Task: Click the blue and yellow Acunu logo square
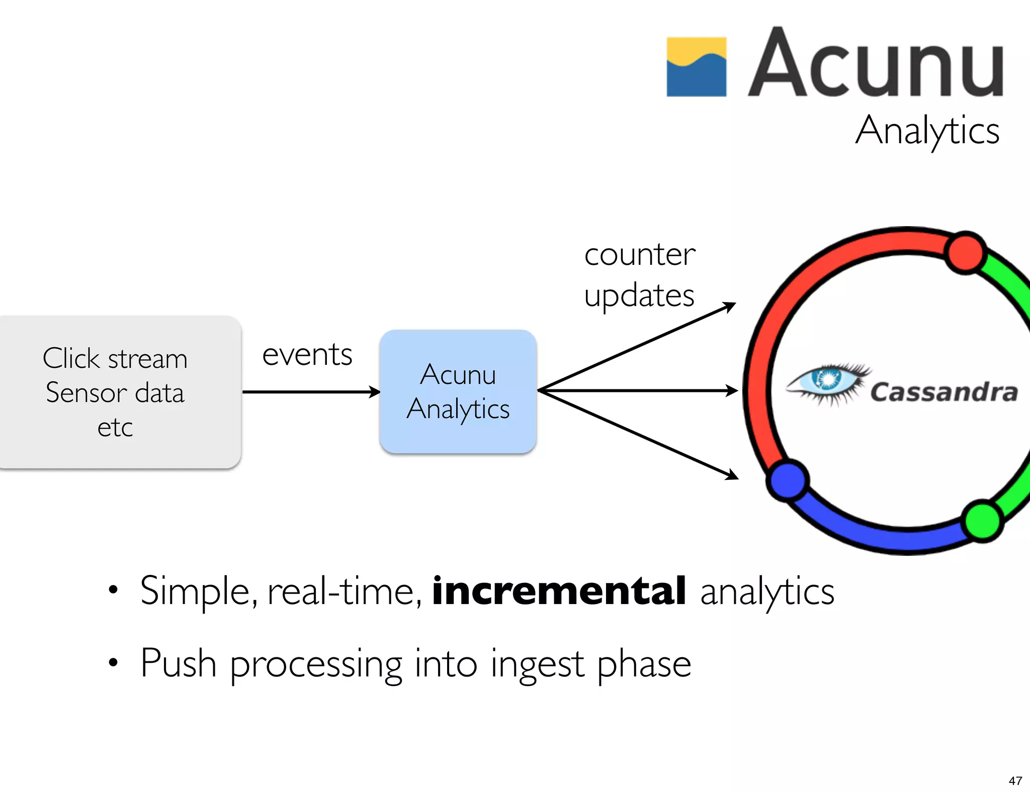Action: pos(696,66)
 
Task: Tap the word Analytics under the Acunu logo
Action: pos(927,131)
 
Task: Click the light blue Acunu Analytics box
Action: pos(458,391)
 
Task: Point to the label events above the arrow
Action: pos(307,355)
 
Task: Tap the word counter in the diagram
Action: pos(639,255)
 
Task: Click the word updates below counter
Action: pos(639,295)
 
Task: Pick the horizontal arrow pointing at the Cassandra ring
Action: pos(639,390)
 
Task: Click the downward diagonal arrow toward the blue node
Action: pos(639,434)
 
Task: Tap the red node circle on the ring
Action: pos(965,253)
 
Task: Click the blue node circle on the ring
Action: pos(788,480)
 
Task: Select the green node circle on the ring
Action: pos(982,521)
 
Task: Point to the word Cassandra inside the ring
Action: pos(944,392)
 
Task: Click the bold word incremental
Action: pos(559,591)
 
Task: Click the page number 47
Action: pos(1015,780)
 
